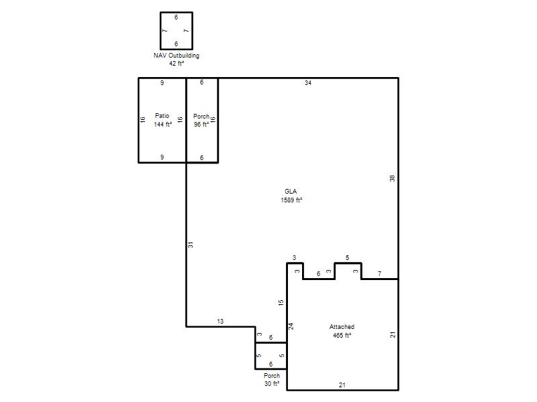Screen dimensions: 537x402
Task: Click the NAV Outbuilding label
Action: tap(177, 56)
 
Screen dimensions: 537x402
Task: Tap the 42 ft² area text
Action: tap(177, 63)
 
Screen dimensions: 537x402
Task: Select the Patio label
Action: tap(162, 115)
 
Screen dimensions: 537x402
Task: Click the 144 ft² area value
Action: tap(163, 125)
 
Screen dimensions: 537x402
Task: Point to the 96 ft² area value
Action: tap(201, 125)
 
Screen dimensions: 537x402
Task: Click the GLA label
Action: tap(291, 192)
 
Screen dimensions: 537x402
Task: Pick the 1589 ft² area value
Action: tap(291, 200)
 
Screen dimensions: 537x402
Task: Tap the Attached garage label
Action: tap(342, 327)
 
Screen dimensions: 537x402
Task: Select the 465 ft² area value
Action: tap(342, 336)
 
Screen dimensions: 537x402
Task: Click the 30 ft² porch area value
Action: tap(272, 384)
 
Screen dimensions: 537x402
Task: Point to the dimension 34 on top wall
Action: tap(308, 82)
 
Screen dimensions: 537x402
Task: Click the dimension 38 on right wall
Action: tap(392, 178)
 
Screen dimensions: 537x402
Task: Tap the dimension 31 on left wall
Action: tap(191, 245)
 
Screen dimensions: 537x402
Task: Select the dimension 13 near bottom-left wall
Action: tap(220, 322)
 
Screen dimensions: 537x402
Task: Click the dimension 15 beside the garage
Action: tap(281, 303)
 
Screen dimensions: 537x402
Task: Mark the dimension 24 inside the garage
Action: tap(291, 326)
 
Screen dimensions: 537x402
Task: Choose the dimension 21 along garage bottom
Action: tap(342, 385)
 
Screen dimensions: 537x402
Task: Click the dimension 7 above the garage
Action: tap(379, 273)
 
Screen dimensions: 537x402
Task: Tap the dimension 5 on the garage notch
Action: tap(347, 258)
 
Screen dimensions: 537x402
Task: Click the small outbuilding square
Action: tap(160, 31)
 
